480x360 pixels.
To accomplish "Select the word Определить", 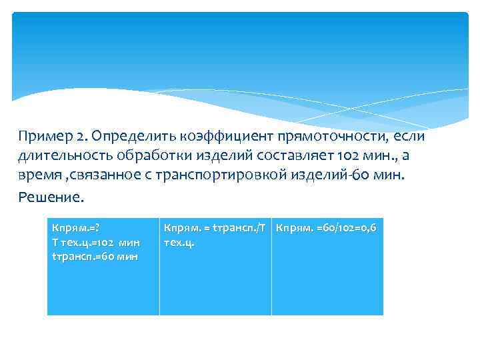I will coord(130,137).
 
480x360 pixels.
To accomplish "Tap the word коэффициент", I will coord(217,137).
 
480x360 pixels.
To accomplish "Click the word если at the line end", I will coord(407,137).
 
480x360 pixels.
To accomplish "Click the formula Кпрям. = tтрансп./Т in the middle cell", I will coord(215,228).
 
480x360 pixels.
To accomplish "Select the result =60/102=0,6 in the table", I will coord(343,228).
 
